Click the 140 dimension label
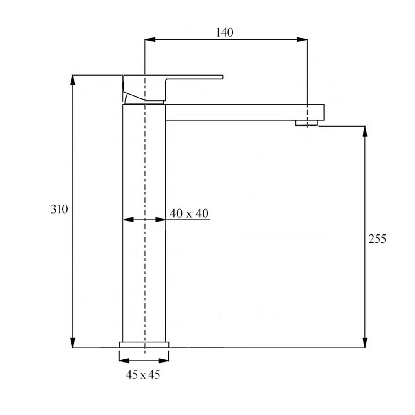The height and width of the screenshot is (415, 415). [225, 32]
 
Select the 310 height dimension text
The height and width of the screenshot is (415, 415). [59, 209]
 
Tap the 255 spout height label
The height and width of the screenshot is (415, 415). [377, 239]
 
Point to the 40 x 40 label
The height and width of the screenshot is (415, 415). [189, 213]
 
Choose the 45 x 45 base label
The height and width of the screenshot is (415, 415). [143, 375]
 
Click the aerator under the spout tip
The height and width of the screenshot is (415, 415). [307, 123]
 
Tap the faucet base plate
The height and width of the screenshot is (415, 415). [144, 344]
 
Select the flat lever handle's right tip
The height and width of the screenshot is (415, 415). [222, 77]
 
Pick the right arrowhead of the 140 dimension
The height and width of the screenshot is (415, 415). [302, 40]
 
